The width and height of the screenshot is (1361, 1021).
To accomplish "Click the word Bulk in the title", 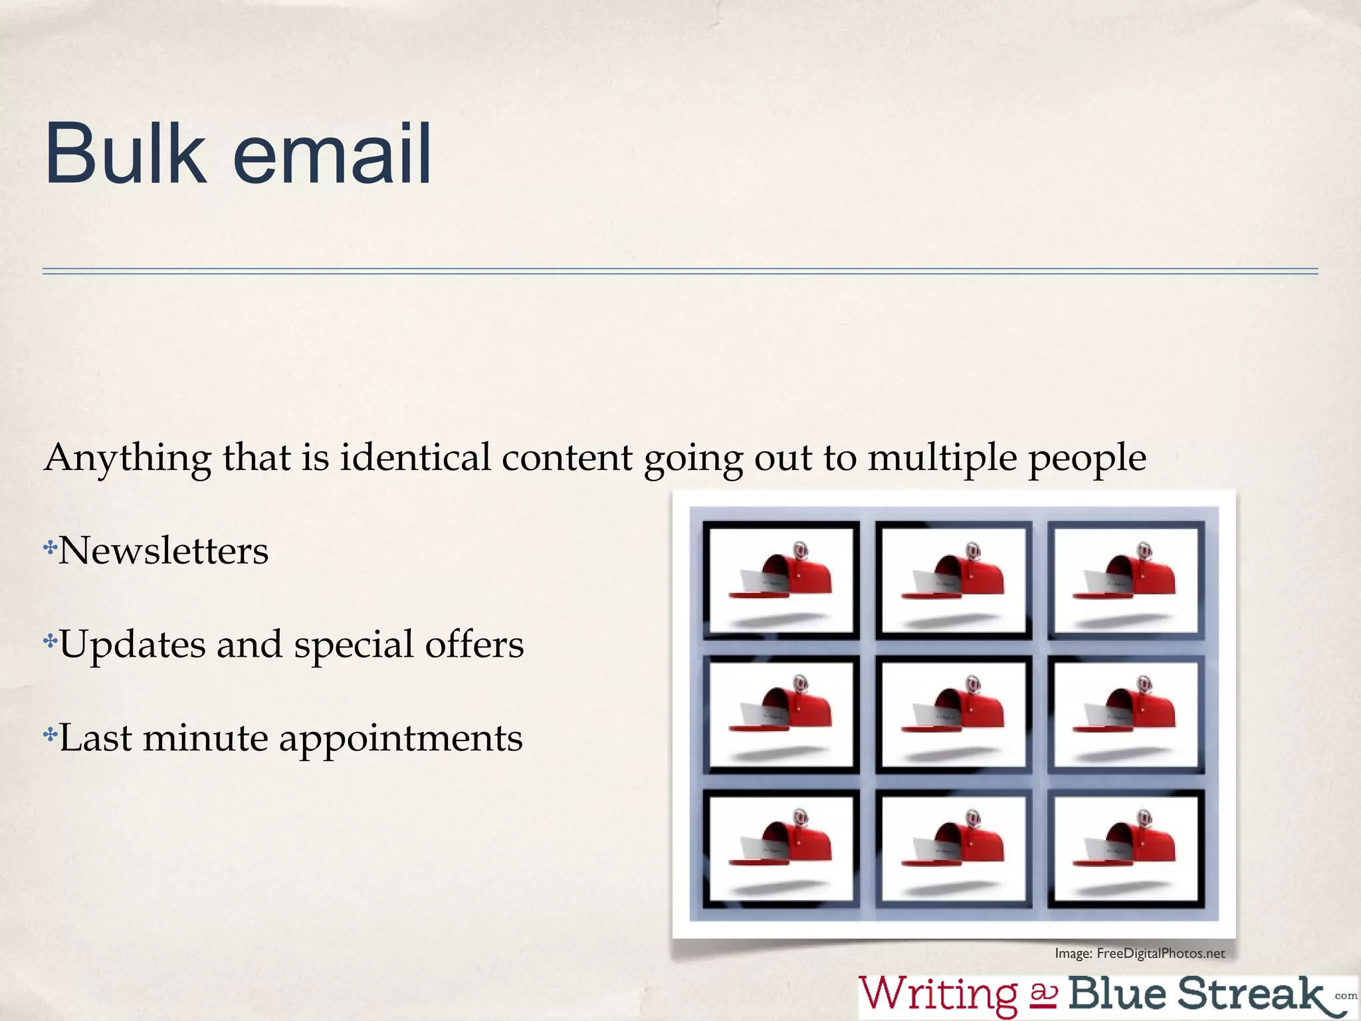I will [125, 154].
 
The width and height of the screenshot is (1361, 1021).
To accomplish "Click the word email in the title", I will [332, 154].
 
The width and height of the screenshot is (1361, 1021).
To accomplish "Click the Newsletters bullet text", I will [163, 551].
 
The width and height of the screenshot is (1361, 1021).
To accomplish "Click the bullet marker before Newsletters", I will [50, 548].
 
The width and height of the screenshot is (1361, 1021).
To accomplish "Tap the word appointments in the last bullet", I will [401, 739].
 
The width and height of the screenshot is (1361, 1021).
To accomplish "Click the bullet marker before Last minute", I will [50, 735].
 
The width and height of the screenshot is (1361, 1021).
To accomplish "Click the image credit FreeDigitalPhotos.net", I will [1160, 953].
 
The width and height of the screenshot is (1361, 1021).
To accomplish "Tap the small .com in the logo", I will [1345, 996].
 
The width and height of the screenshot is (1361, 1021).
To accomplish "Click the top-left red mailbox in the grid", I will [784, 576].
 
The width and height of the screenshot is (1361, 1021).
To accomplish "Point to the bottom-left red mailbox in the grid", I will [784, 844].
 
